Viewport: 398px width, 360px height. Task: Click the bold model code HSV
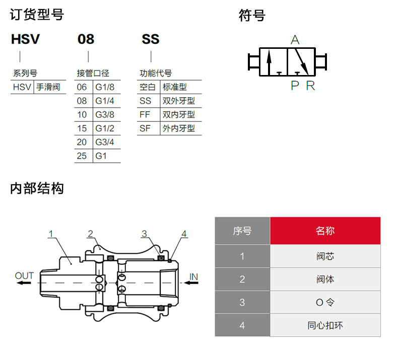[x=25, y=39]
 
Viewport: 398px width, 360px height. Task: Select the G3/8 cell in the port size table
[x=105, y=115]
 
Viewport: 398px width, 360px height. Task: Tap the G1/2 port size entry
[x=105, y=128]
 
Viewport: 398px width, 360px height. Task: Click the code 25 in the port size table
[x=82, y=156]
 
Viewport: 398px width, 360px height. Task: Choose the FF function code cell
[x=145, y=115]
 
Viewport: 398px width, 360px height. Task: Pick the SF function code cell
[x=145, y=128]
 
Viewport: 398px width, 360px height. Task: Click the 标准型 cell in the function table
[x=175, y=87]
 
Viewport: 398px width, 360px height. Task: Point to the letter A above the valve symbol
[x=295, y=40]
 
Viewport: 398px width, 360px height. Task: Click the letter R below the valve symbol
[x=310, y=86]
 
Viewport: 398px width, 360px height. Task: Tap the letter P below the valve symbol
[x=295, y=86]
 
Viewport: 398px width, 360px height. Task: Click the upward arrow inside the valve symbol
[x=269, y=62]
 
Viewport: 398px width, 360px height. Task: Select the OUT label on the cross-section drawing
[x=24, y=276]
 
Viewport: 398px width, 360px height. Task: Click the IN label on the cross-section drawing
[x=193, y=277]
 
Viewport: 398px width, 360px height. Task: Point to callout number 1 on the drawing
[x=51, y=234]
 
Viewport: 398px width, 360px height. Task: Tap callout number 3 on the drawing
[x=144, y=234]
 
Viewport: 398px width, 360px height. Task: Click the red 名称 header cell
[x=325, y=231]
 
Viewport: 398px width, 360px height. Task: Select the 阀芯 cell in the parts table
[x=325, y=256]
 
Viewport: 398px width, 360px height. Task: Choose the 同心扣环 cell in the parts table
[x=325, y=325]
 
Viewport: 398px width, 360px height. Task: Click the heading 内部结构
[x=37, y=188]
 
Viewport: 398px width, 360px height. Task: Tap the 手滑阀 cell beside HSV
[x=48, y=87]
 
